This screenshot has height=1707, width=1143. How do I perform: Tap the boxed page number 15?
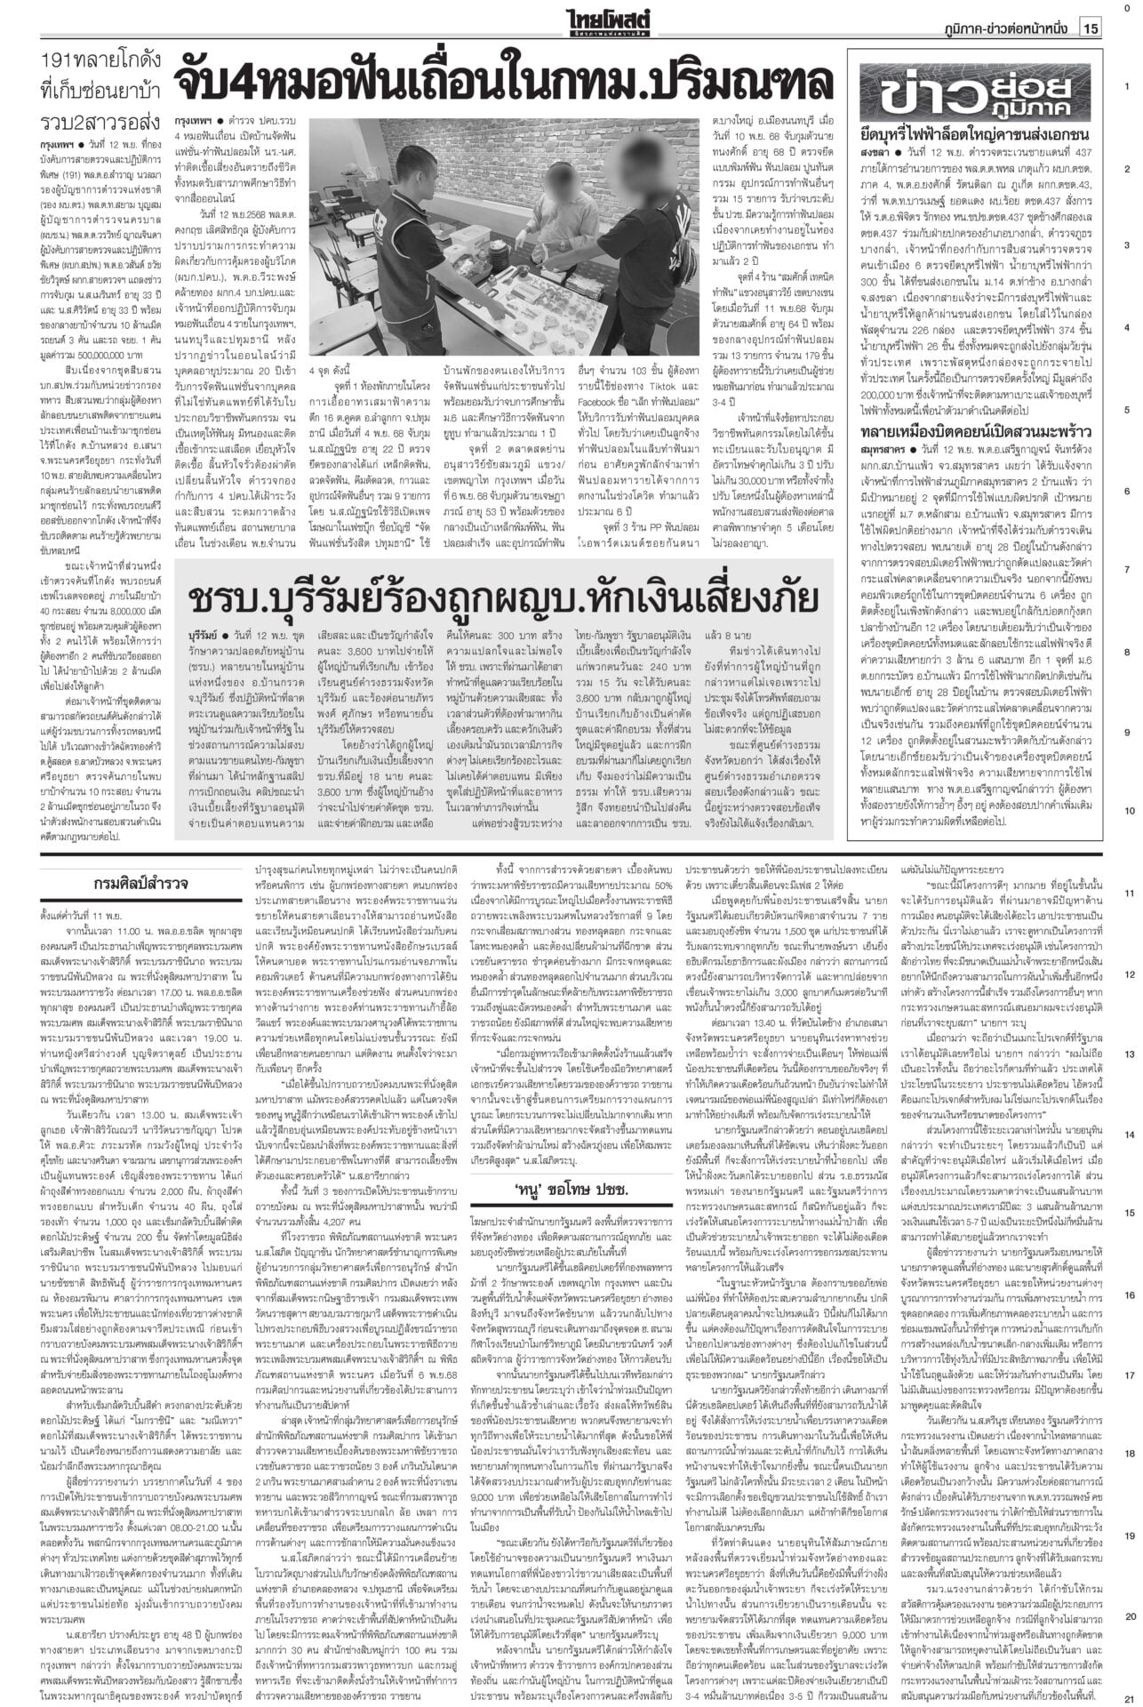point(1090,29)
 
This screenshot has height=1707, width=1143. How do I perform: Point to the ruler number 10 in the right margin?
point(1126,811)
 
